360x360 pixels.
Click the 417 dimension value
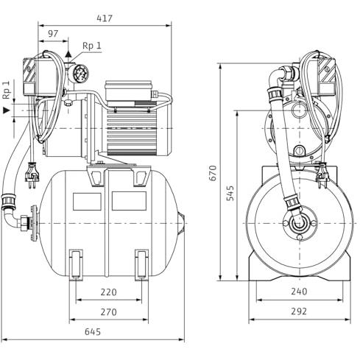105,18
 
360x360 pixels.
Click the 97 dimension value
53,34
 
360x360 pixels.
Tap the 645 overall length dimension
93,332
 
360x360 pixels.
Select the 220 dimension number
108,292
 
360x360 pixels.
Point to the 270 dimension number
108,312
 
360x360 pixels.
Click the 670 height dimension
213,173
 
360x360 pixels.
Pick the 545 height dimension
230,193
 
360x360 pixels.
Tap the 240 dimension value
299,292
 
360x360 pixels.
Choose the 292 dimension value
299,311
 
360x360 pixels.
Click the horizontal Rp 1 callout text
92,46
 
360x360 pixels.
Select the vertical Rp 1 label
7,90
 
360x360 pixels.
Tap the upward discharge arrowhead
68,54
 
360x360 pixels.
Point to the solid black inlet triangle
6,110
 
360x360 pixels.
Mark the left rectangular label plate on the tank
87,202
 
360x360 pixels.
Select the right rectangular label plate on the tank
129,201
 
